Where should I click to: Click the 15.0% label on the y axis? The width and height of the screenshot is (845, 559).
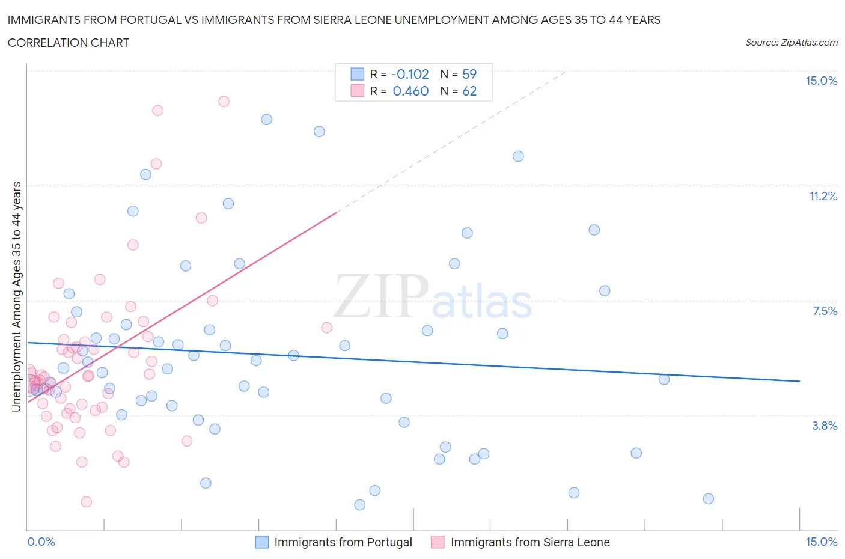[821, 81]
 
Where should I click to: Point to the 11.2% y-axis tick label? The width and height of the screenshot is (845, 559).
[823, 196]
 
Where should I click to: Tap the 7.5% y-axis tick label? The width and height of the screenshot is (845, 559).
[825, 311]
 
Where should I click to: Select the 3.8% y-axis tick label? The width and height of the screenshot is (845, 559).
[825, 426]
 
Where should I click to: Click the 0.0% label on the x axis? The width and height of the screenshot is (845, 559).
[41, 542]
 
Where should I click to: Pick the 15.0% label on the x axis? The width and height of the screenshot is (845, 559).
[821, 542]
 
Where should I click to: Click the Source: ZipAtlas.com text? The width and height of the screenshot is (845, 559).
[791, 43]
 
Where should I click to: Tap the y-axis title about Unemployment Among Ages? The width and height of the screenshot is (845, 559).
[17, 297]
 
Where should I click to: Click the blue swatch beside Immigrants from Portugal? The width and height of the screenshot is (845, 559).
[262, 542]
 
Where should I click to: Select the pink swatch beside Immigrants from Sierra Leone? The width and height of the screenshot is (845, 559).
[438, 542]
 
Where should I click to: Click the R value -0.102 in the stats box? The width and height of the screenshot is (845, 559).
[410, 74]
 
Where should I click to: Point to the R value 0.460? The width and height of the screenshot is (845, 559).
[410, 91]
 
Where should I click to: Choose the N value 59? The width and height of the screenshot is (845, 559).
[469, 74]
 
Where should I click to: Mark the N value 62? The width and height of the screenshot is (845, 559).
[469, 91]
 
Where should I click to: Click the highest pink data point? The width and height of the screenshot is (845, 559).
[224, 101]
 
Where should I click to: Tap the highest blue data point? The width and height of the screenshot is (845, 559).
[266, 119]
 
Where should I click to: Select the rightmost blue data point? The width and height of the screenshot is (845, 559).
[708, 499]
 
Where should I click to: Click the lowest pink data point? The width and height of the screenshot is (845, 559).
[86, 502]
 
